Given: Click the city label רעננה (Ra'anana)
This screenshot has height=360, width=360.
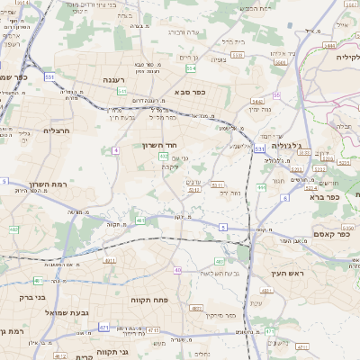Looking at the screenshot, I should [114, 80].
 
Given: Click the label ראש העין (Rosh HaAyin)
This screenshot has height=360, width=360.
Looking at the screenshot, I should [288, 272].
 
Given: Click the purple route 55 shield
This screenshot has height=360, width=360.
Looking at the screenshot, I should [277, 94].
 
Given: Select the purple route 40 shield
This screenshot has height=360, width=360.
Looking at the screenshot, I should [178, 270].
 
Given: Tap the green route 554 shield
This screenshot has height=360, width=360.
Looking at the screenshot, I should [191, 67].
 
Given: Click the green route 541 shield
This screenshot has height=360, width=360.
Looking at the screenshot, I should [121, 92].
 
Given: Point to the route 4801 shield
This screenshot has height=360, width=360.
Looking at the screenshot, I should [197, 308].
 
